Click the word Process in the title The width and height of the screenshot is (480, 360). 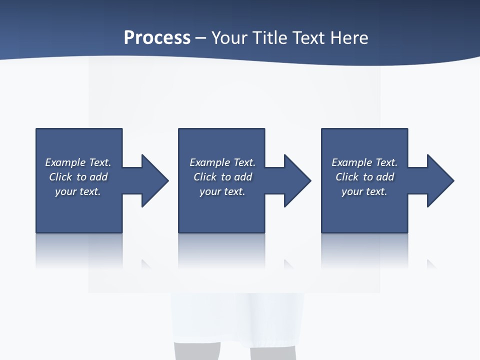click(157, 38)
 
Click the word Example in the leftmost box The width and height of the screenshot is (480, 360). click(65, 162)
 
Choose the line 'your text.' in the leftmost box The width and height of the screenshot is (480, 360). click(78, 191)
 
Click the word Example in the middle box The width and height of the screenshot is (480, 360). click(209, 162)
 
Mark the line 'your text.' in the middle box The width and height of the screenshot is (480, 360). click(222, 191)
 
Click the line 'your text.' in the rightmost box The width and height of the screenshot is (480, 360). click(364, 191)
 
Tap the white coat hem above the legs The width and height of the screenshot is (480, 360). click(237, 320)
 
